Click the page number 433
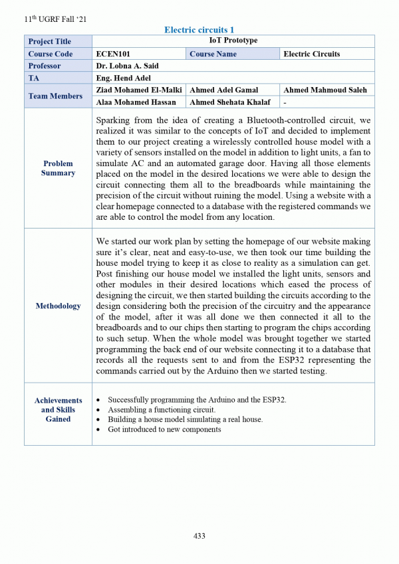[x=199, y=536]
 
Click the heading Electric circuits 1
[x=199, y=30]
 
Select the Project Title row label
[x=50, y=41]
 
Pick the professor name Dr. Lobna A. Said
[x=127, y=66]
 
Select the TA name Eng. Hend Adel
[x=124, y=78]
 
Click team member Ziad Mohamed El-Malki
[x=139, y=90]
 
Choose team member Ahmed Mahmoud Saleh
[x=325, y=90]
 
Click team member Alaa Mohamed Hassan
[x=136, y=102]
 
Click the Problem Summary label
[x=58, y=168]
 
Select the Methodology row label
[x=58, y=306]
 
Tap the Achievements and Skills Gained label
[x=58, y=410]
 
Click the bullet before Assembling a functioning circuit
[x=99, y=411]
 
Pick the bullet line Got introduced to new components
[x=164, y=430]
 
